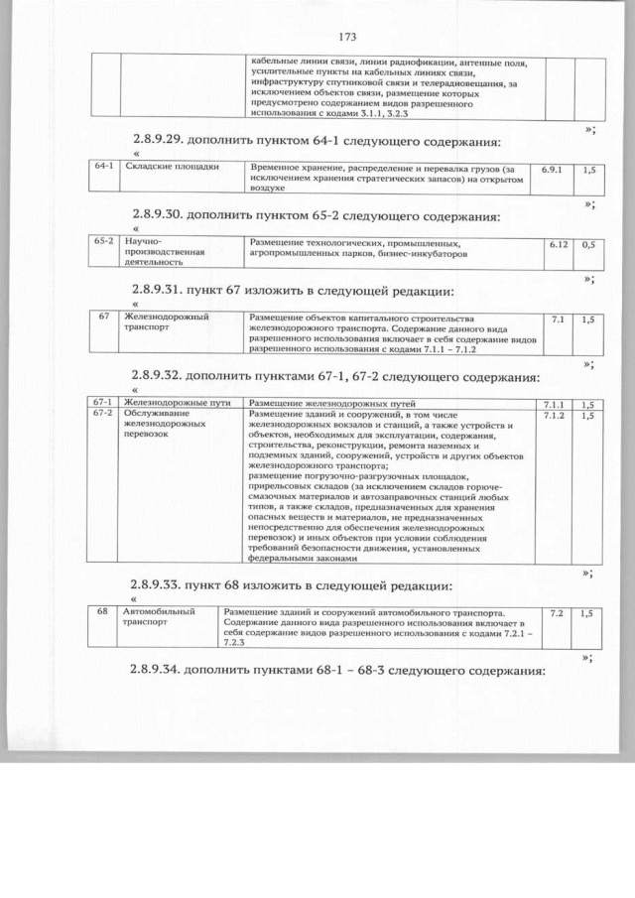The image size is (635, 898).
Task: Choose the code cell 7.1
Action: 557,320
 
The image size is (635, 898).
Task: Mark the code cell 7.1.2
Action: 553,415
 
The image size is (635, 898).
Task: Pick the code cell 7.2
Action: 556,613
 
